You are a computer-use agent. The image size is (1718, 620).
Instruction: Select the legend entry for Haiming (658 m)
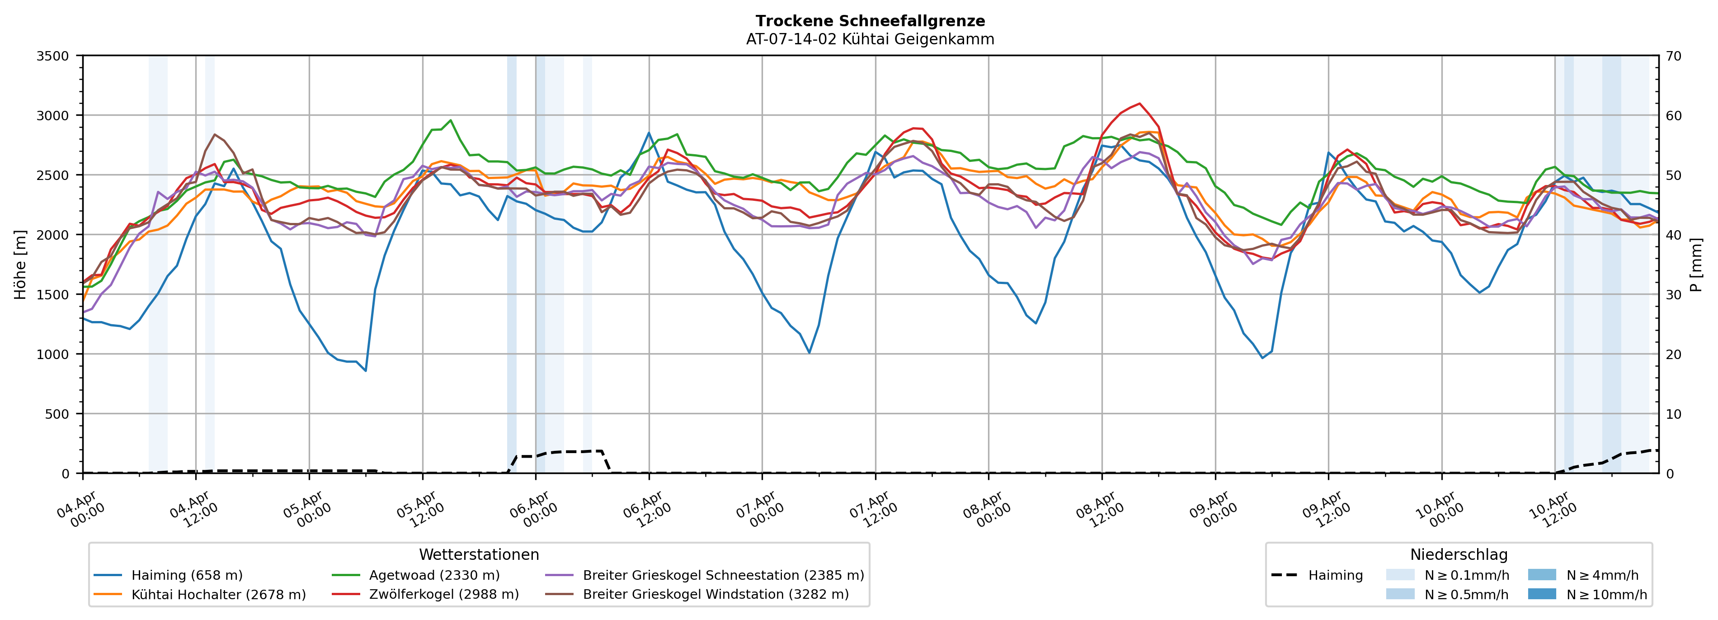click(186, 575)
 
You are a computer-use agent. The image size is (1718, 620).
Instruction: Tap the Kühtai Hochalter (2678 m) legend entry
click(218, 595)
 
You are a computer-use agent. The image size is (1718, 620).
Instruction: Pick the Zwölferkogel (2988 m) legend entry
click(443, 595)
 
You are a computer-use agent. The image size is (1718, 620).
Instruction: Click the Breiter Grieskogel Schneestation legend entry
click(723, 575)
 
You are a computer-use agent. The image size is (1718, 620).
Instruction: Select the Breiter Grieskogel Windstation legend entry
click(715, 595)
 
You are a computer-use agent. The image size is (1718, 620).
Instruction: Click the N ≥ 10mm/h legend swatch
click(1541, 594)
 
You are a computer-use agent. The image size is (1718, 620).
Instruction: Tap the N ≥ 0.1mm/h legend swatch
click(1400, 575)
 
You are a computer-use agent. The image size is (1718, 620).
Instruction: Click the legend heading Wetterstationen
click(479, 554)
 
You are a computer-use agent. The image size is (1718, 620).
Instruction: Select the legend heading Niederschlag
click(1459, 554)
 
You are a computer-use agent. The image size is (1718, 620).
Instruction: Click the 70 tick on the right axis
click(1673, 56)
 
